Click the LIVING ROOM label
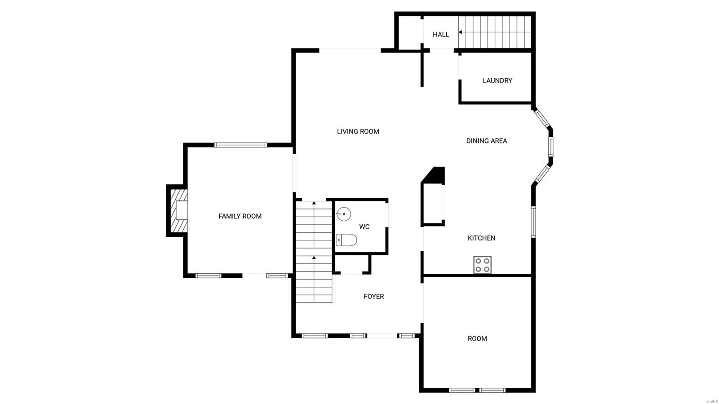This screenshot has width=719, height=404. coord(358,132)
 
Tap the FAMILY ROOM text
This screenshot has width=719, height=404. coord(240,216)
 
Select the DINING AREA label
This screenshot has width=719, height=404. coord(486,141)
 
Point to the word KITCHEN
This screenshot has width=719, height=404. coord(481,238)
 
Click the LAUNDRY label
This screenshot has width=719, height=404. coord(497,81)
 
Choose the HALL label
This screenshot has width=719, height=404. coord(440,35)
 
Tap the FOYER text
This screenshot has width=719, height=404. coord(373,297)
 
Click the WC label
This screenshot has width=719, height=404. coord(364,227)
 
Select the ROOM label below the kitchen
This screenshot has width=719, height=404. coord(477,339)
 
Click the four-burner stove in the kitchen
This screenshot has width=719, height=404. coord(482,265)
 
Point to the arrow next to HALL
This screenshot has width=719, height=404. coord(461,32)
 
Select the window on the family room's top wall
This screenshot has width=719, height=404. coord(240,145)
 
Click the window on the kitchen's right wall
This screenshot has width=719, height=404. coord(533,222)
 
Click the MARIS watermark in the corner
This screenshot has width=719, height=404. coord(711,401)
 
